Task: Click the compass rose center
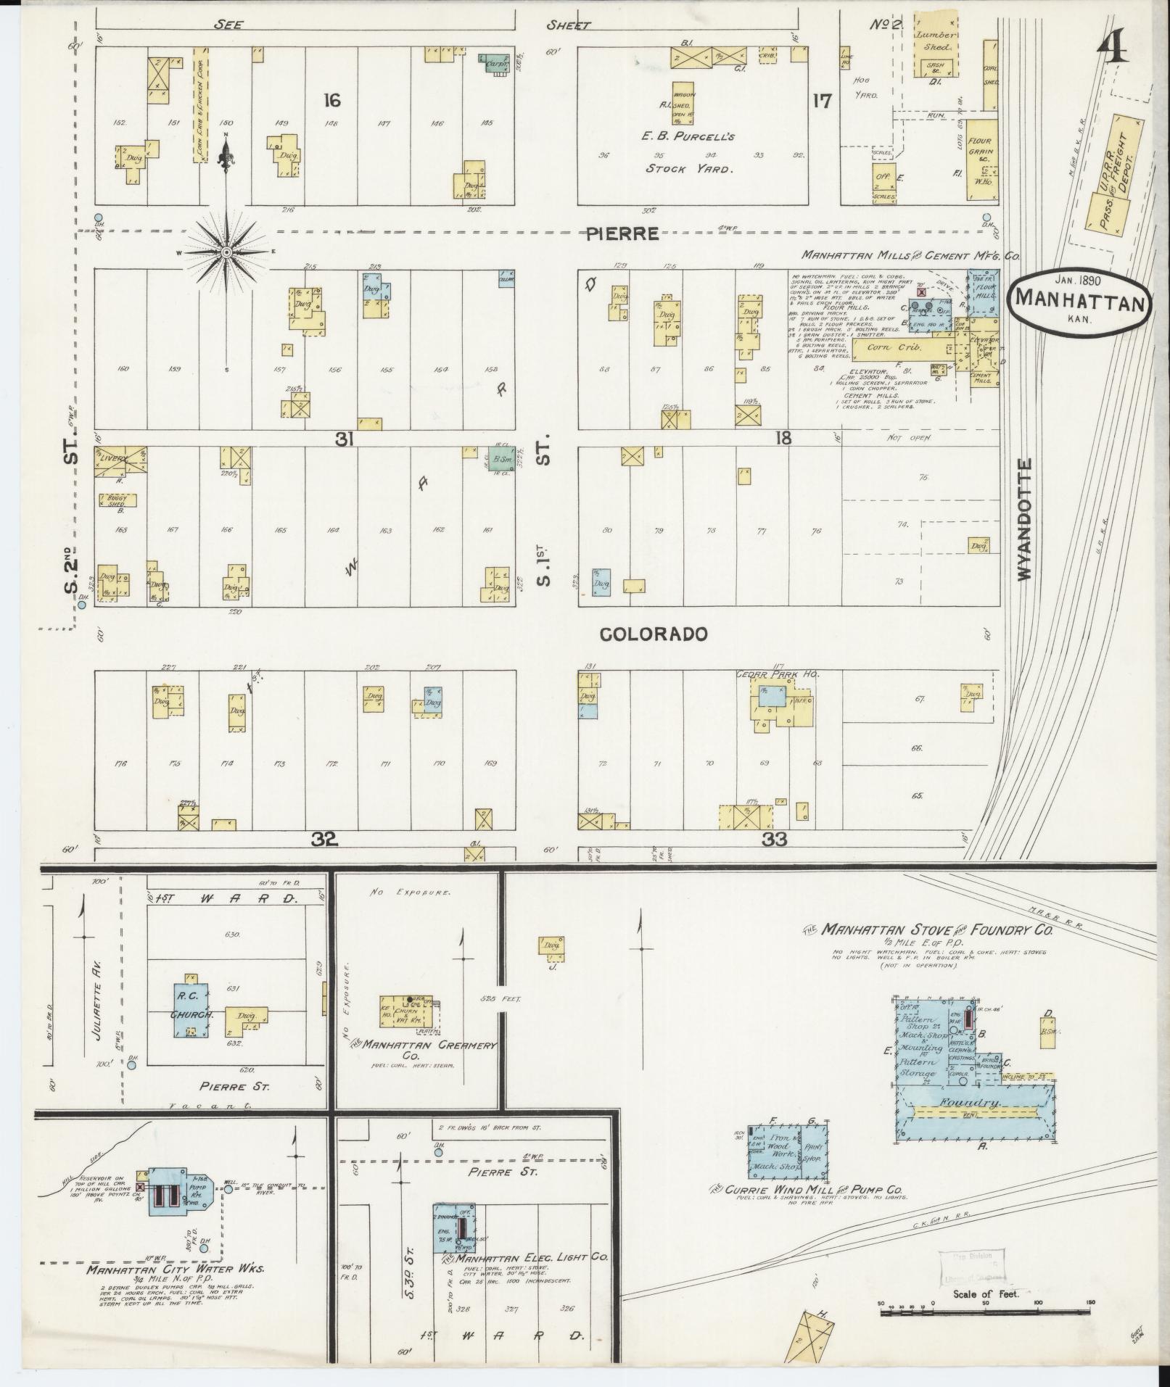(226, 252)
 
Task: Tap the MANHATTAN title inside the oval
(1079, 298)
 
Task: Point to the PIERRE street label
(623, 233)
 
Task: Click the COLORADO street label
(654, 634)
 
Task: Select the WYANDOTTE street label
(1024, 518)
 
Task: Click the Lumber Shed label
(934, 41)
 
